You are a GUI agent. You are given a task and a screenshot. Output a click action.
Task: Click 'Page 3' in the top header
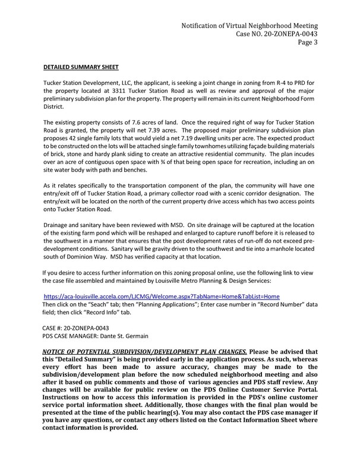(x=305, y=43)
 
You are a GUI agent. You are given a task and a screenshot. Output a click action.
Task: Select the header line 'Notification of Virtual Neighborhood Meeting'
(x=250, y=26)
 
